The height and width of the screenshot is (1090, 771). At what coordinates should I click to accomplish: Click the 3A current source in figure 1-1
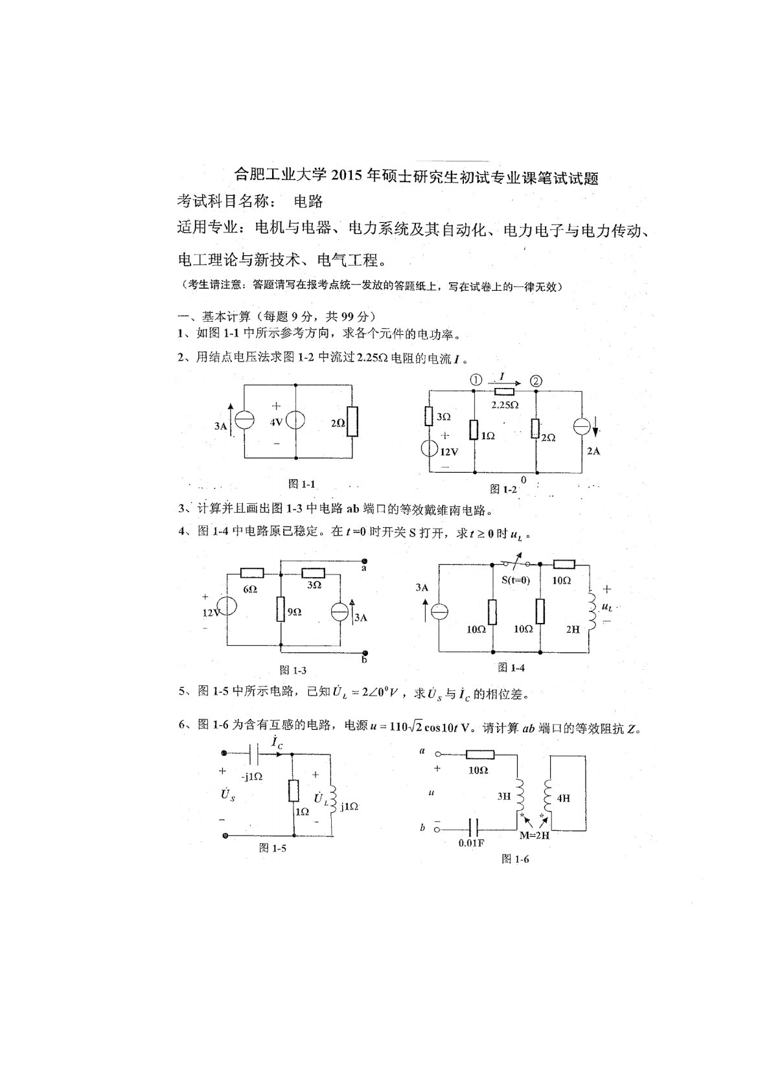[244, 421]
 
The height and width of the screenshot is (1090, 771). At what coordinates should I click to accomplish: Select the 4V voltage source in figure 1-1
[295, 421]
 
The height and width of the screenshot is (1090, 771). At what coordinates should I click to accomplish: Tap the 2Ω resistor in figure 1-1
[351, 421]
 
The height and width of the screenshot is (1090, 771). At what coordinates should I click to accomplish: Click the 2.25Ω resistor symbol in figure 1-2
[505, 391]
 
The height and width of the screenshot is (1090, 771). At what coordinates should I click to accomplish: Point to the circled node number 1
[476, 381]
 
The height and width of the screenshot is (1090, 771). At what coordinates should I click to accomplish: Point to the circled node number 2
[536, 381]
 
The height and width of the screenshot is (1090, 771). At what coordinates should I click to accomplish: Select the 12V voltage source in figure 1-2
[429, 449]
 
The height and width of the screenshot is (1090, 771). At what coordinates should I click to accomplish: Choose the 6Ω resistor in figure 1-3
[251, 573]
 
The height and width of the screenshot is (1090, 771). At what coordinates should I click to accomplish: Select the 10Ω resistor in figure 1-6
[479, 755]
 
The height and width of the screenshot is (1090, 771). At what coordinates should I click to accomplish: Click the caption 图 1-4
[511, 667]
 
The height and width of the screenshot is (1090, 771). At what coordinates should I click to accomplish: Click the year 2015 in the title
[349, 177]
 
